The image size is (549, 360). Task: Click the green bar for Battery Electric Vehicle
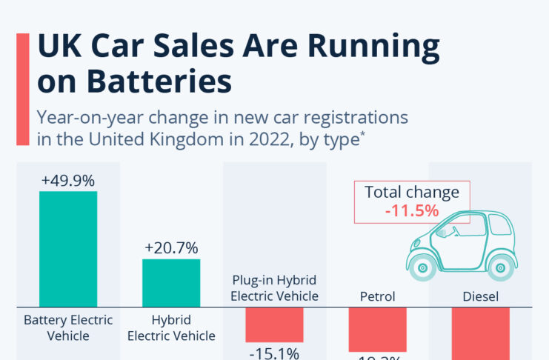(68, 248)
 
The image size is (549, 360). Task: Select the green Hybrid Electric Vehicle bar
(171, 282)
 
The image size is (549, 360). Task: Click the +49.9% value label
(68, 181)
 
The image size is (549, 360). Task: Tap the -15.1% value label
(274, 352)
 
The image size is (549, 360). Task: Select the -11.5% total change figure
(412, 210)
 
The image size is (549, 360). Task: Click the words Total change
(412, 193)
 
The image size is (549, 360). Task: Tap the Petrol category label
(378, 297)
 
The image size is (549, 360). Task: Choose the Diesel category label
(481, 297)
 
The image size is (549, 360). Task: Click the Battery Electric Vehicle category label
(68, 327)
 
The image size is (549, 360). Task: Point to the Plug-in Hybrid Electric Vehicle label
(274, 288)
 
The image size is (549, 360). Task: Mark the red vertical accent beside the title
(23, 88)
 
